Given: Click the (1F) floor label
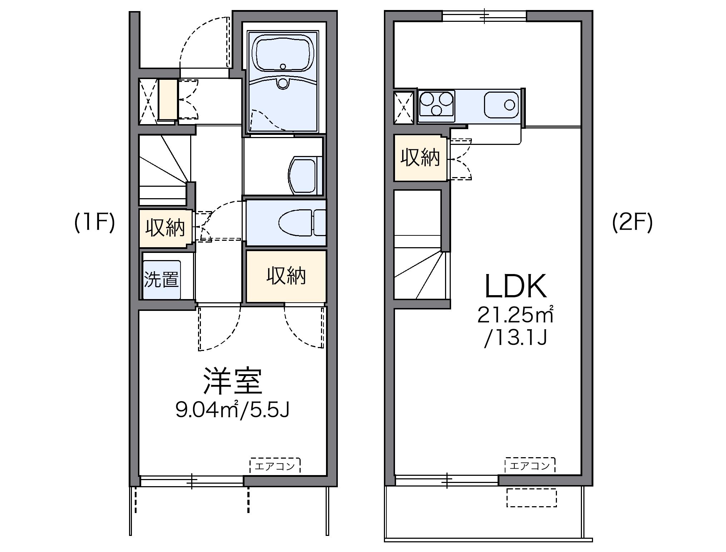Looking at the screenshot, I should pos(95,223).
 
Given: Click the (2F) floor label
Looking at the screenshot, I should pos(632,223).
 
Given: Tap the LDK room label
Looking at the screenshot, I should pos(515,286).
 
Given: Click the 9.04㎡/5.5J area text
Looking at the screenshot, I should pos(232,410).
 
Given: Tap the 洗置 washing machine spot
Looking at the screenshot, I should pos(162,279).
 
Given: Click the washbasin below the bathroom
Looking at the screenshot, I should pos(303,175).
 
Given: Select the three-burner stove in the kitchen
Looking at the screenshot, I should pos(436,104).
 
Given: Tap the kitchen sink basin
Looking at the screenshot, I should pos(501,105).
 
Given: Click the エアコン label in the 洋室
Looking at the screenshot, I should pos(275,466).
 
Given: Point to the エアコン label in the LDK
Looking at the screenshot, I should pos(530,465).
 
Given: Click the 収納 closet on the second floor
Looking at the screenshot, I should pos(420,157).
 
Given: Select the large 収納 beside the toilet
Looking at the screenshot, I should pos(286,276).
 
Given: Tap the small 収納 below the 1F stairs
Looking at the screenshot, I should pos(165,228).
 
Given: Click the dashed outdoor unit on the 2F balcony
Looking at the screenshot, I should pos(532,497).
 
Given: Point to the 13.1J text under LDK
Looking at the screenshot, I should pos(515,338).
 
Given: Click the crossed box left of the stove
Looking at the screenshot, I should pos(404,108).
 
